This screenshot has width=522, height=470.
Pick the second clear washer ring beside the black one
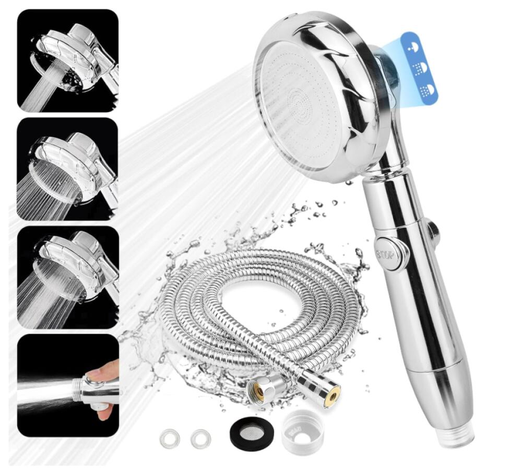pyautogui.click(x=200, y=438)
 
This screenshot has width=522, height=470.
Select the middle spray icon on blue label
pyautogui.click(x=420, y=69)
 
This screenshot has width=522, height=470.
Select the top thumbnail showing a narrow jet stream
pyautogui.click(x=68, y=61)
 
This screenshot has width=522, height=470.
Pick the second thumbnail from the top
pyautogui.click(x=68, y=169)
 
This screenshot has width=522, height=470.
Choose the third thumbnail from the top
pyautogui.click(x=68, y=278)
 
